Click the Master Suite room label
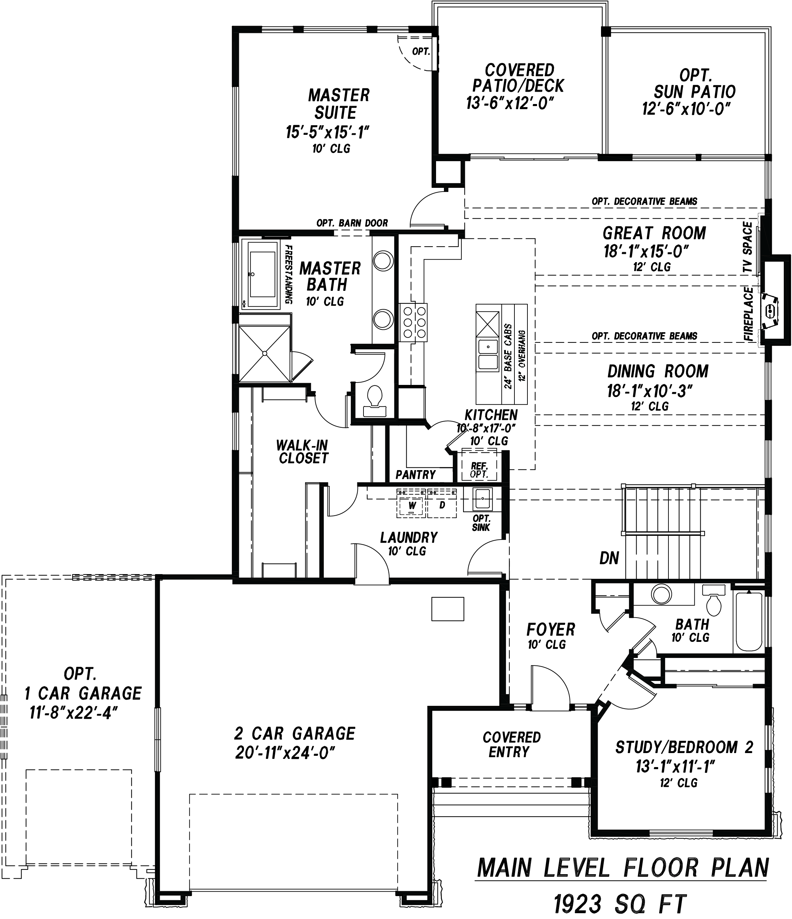338,104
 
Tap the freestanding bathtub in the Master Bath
262,274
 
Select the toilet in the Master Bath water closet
375,400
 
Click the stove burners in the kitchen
413,322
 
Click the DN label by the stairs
609,558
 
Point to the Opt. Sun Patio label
695,83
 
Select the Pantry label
416,475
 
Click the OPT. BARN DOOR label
352,223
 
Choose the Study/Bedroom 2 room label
684,747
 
